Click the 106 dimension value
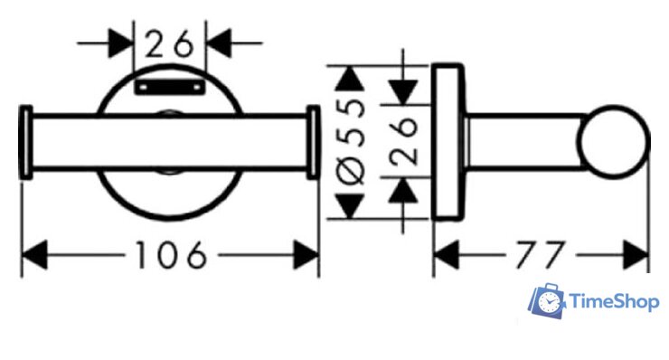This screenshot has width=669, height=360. [x=171, y=255]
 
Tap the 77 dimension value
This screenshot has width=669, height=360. [x=540, y=255]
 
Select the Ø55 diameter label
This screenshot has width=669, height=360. [x=352, y=142]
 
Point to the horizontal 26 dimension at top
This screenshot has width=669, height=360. [x=169, y=43]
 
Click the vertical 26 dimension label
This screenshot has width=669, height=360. [x=403, y=141]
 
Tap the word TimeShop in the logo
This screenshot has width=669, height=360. [x=614, y=302]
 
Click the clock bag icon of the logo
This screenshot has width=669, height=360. [x=547, y=300]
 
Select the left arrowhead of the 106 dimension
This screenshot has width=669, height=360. [x=34, y=255]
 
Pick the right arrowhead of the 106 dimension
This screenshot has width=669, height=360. [x=306, y=255]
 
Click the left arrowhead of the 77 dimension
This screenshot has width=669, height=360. [x=446, y=255]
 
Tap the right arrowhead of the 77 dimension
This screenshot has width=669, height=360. [x=636, y=255]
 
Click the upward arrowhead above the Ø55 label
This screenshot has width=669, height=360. [x=350, y=78]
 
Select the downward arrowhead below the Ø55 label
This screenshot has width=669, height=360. [x=350, y=206]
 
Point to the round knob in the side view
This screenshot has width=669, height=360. [x=614, y=142]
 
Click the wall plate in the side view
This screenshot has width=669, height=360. [x=448, y=142]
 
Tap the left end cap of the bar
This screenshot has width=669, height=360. [x=25, y=142]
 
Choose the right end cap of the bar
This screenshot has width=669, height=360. [x=314, y=142]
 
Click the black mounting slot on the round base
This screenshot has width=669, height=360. [x=170, y=87]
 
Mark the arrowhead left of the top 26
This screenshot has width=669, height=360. [x=121, y=43]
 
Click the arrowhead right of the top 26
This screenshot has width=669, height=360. [x=219, y=43]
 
